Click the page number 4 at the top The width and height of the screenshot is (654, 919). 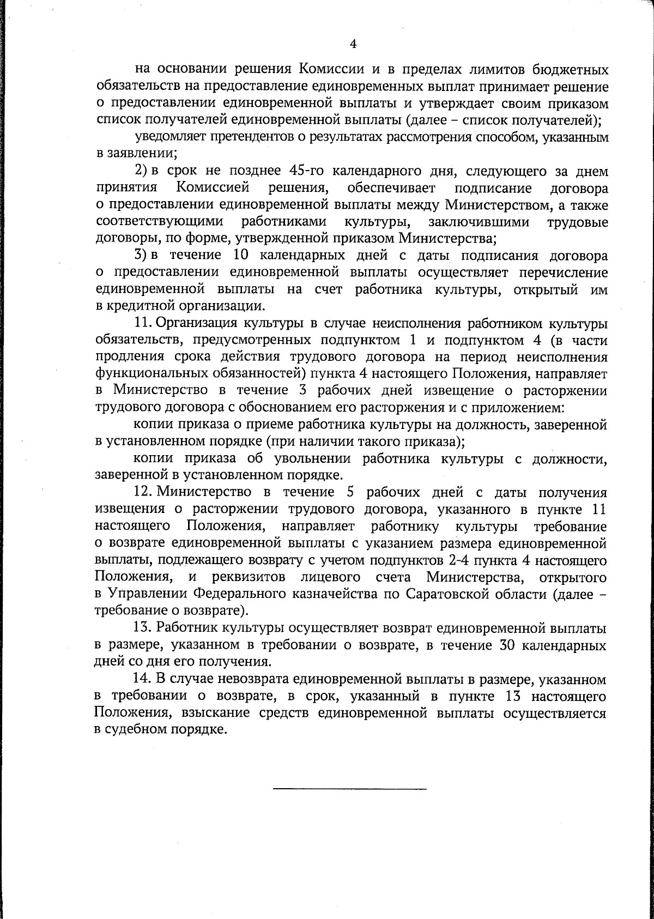tap(353, 44)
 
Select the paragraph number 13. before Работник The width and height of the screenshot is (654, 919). tap(144, 628)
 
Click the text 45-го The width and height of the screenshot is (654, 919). tap(304, 171)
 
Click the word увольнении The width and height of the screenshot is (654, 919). tap(306, 459)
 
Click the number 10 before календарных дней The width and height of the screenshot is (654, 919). tap(241, 255)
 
